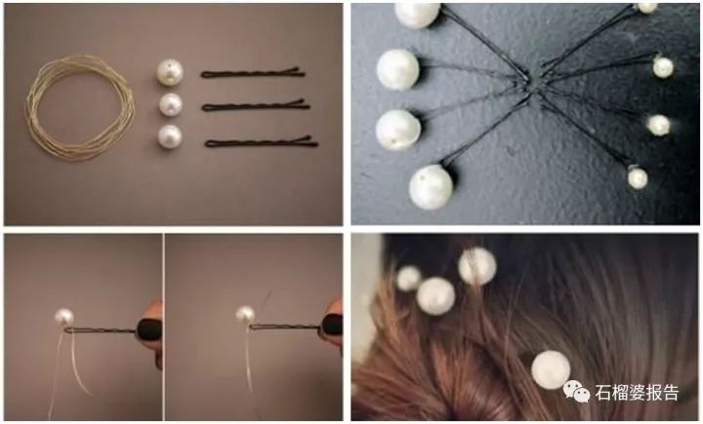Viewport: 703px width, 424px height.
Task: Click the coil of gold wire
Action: click(31, 107)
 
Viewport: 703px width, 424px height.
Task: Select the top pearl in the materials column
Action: click(170, 72)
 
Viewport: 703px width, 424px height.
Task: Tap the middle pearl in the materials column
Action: click(170, 104)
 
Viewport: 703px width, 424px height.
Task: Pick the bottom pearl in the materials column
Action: click(170, 136)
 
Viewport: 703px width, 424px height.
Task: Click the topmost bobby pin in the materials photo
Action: click(253, 73)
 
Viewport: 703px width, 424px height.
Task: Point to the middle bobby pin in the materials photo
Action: click(256, 105)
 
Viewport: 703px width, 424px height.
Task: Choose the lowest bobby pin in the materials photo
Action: click(262, 143)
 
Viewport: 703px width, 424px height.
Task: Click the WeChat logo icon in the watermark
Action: click(577, 391)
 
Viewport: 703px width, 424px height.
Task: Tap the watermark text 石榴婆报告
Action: click(637, 393)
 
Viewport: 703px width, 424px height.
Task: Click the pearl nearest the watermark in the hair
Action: click(551, 369)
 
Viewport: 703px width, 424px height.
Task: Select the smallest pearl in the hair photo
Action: click(408, 278)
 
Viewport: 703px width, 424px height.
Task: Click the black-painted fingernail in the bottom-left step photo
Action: click(148, 329)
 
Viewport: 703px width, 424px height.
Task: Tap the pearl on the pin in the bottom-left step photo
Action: click(64, 318)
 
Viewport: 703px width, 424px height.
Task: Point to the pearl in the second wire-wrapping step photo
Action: click(245, 315)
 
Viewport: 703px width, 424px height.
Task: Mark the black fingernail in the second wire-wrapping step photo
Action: click(332, 325)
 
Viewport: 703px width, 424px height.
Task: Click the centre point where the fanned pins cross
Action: click(533, 85)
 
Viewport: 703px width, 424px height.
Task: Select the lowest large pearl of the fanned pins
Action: click(431, 187)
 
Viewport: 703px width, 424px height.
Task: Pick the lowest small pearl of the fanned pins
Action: click(637, 177)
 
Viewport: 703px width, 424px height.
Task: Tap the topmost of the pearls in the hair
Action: click(477, 266)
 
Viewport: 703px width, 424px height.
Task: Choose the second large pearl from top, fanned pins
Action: click(397, 69)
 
